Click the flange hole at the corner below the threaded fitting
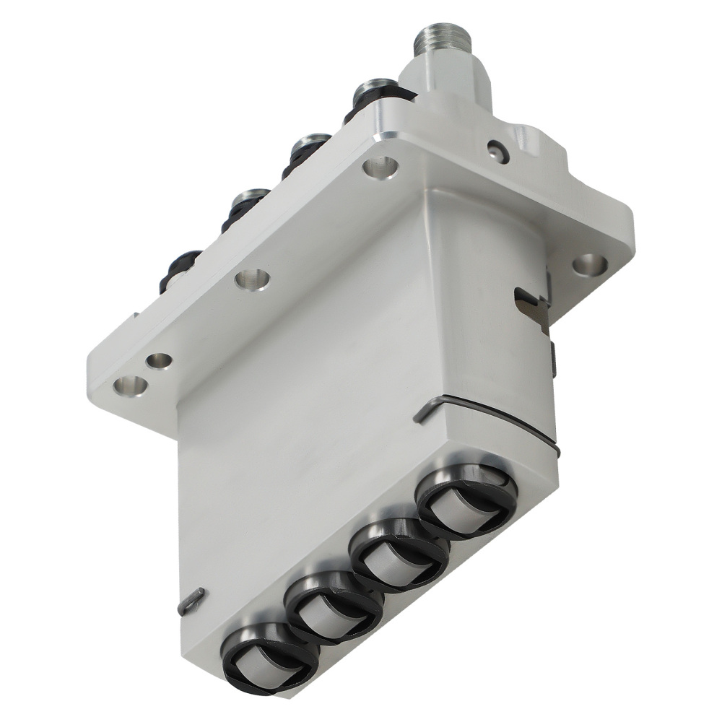[380, 168]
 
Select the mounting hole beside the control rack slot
[590, 264]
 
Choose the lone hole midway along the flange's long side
[252, 279]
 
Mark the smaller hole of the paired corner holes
[159, 360]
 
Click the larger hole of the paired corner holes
[130, 386]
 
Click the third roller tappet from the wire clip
[334, 606]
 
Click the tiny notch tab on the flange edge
[135, 315]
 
